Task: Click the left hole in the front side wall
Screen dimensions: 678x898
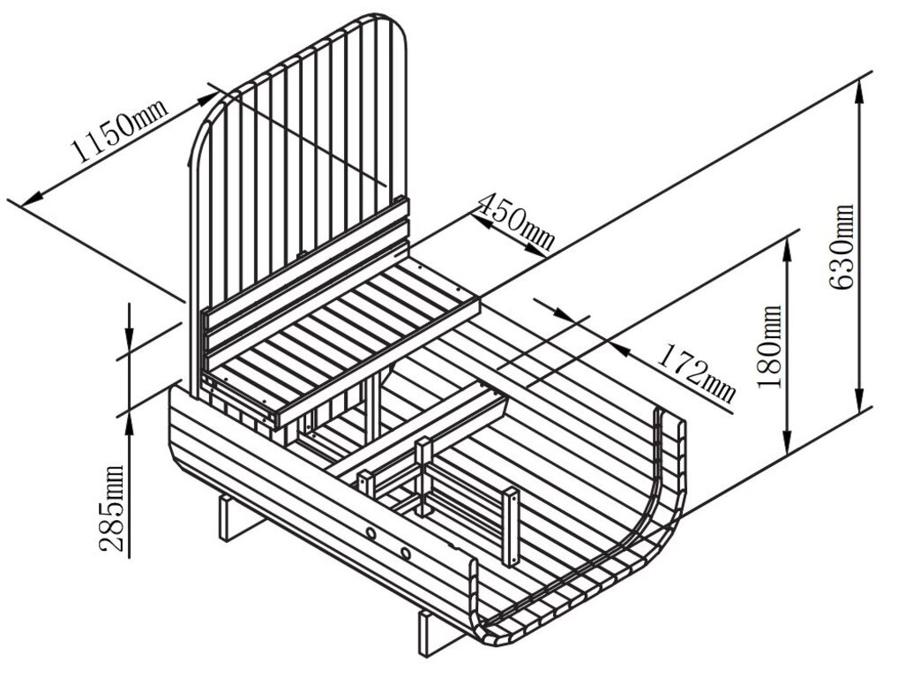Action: click(371, 534)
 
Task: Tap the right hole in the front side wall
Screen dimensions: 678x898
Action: click(405, 554)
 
